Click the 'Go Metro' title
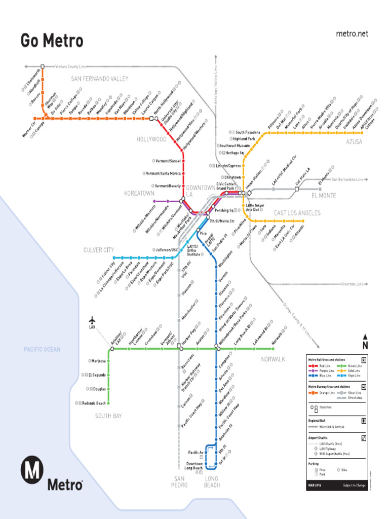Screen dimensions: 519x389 (52, 41)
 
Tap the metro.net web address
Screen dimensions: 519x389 (352, 34)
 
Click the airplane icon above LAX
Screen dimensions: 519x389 (92, 320)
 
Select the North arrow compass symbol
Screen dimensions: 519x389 (365, 342)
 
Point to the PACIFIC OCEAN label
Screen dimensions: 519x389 (42, 349)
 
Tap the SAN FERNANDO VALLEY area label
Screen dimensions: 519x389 (99, 79)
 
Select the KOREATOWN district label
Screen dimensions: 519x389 (139, 194)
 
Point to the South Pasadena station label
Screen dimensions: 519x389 (248, 132)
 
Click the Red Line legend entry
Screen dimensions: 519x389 (325, 365)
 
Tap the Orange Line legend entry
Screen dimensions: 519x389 (327, 393)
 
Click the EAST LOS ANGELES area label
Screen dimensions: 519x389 (297, 213)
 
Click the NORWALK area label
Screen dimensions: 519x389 (273, 359)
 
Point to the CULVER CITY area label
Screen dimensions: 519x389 (99, 250)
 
